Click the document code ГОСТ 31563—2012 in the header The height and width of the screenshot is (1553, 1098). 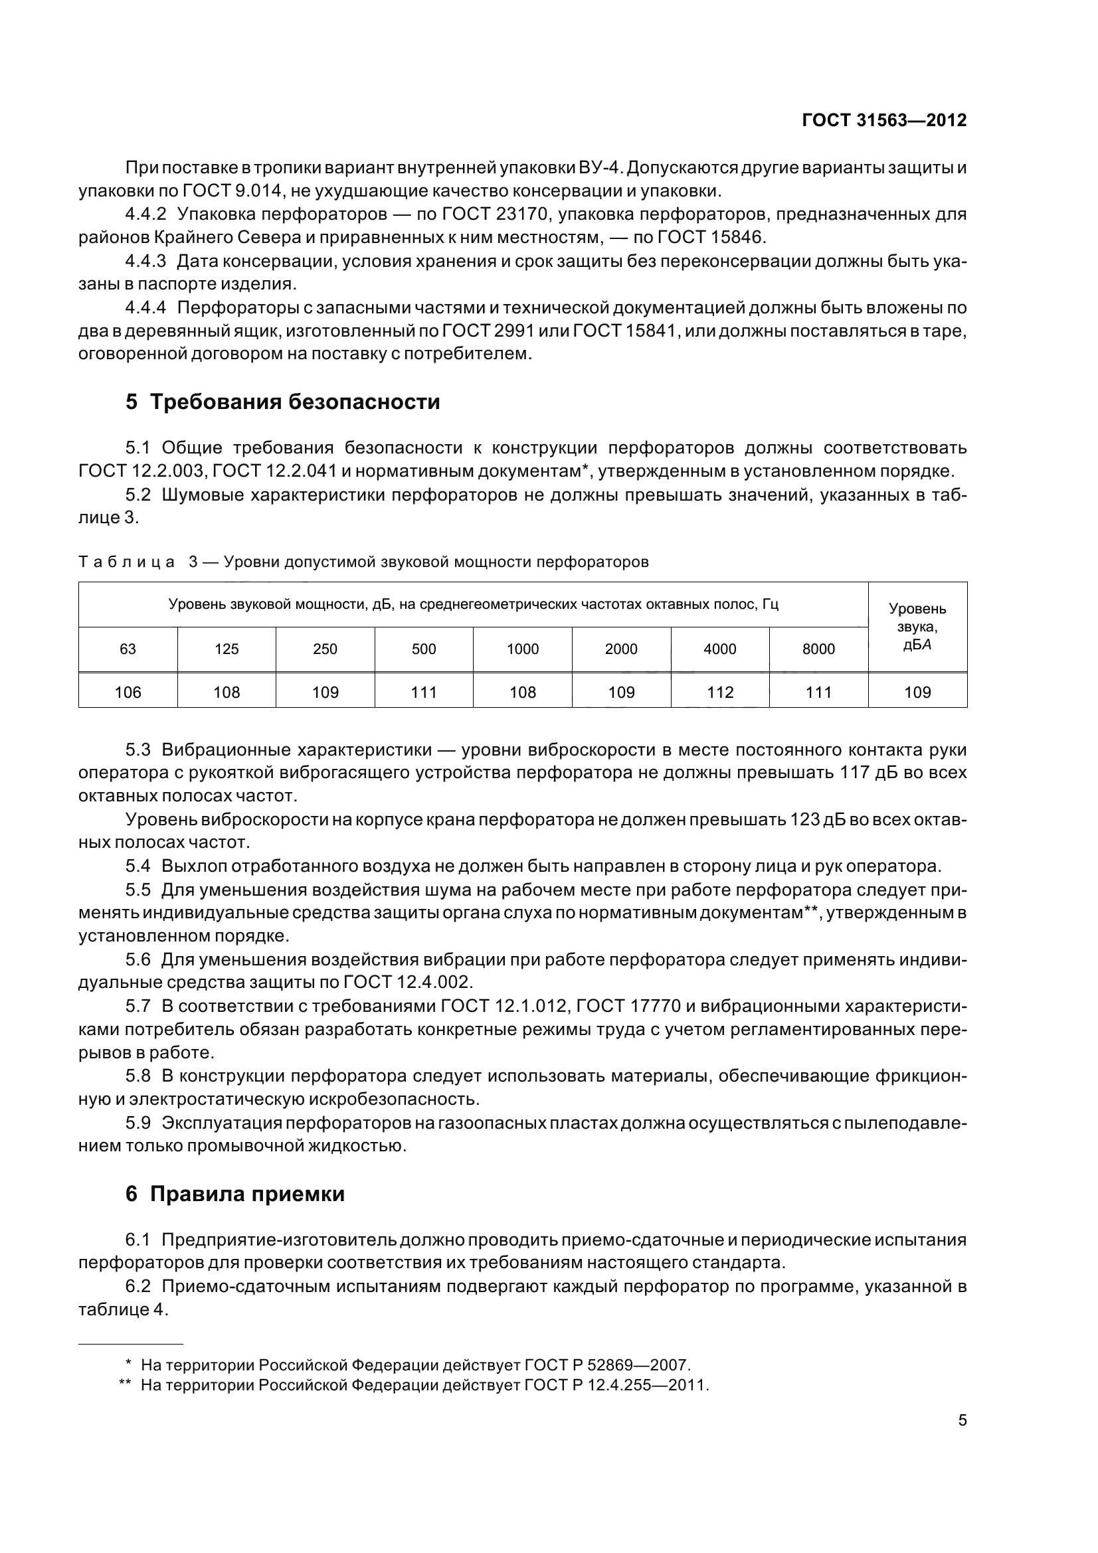tap(883, 120)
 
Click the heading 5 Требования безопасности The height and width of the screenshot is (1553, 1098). tap(282, 402)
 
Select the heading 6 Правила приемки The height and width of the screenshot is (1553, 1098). tap(234, 1194)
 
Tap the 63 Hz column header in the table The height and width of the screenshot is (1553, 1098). tap(128, 649)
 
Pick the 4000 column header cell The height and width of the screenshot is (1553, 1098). tap(719, 649)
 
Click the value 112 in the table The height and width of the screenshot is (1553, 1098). tap(719, 692)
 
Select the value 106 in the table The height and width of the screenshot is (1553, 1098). tap(128, 692)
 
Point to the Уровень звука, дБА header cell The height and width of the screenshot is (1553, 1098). tap(917, 626)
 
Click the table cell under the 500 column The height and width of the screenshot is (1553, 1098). tap(424, 692)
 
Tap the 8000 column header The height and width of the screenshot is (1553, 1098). tap(818, 649)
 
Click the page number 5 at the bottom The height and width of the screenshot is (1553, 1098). tap(962, 1420)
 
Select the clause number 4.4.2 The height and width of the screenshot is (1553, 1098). tap(145, 214)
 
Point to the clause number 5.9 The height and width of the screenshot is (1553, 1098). tap(138, 1123)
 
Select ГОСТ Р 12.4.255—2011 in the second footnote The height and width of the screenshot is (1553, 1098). tap(616, 1384)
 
